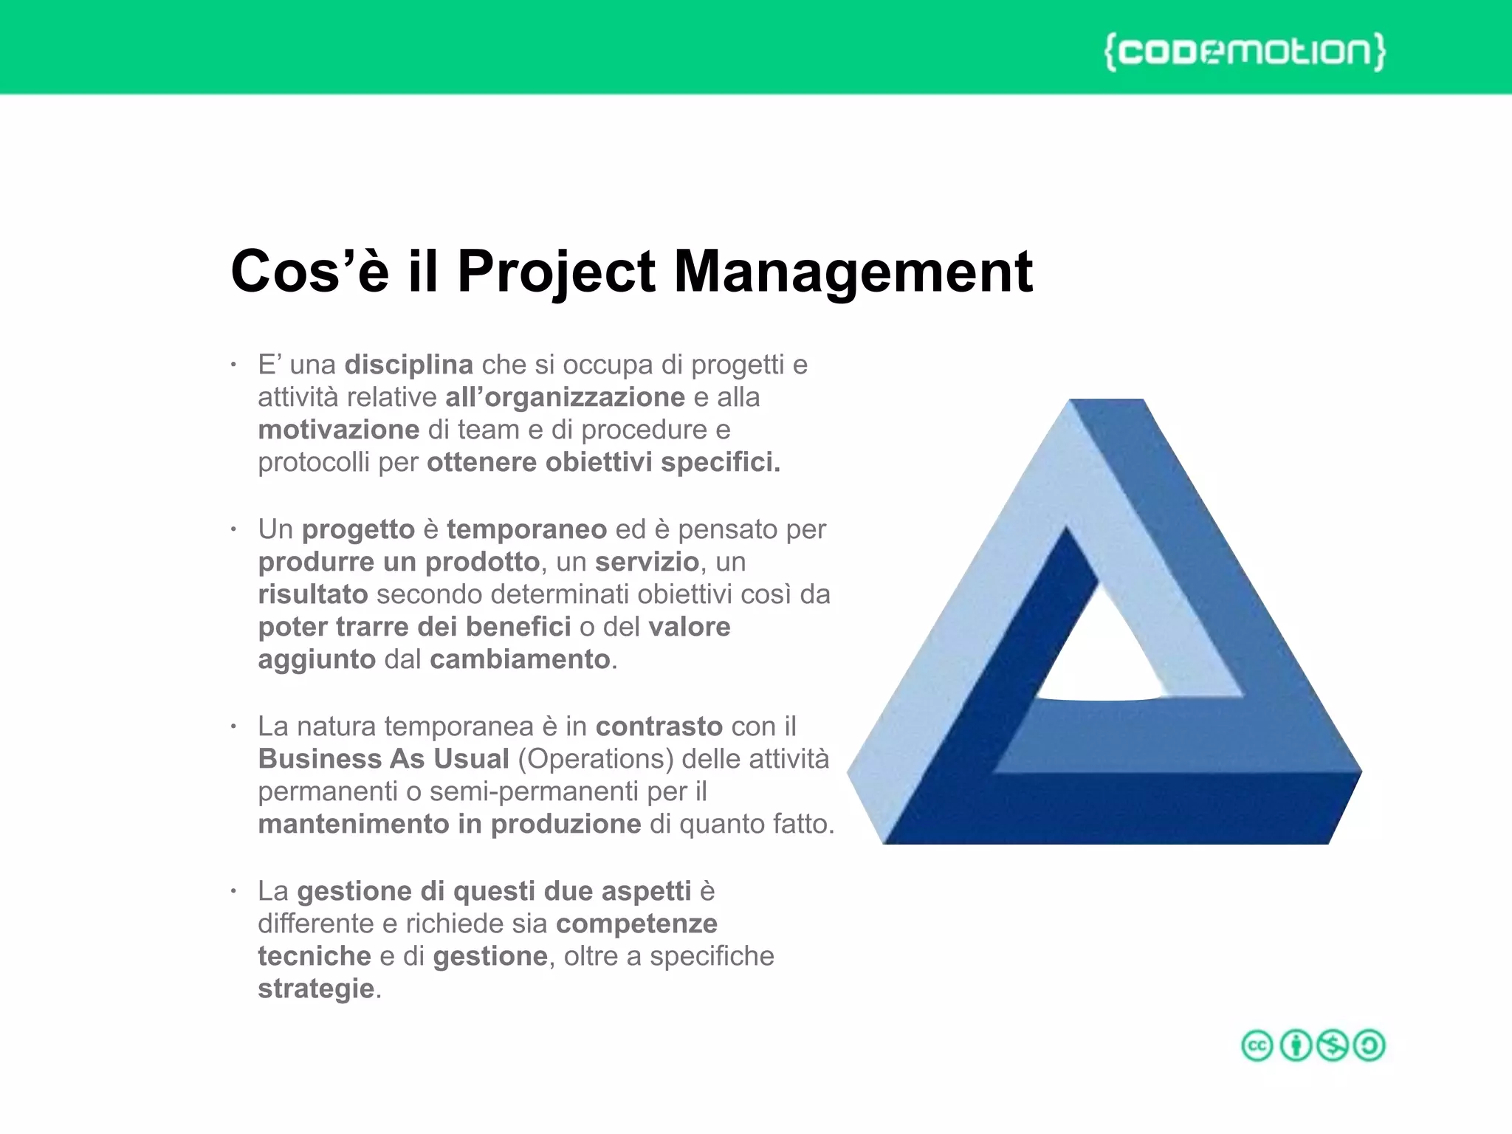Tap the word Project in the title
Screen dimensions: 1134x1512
(x=555, y=272)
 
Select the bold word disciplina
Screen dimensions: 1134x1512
(x=409, y=365)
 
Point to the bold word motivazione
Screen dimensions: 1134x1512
(x=339, y=430)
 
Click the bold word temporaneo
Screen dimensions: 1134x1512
(x=526, y=529)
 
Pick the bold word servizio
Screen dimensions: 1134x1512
(x=647, y=562)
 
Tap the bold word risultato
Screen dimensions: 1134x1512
(x=313, y=594)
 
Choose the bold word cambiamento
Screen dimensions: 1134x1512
(x=520, y=659)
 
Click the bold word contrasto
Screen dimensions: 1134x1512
(x=659, y=726)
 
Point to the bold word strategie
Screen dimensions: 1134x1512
(x=316, y=989)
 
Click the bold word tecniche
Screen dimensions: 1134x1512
(x=315, y=956)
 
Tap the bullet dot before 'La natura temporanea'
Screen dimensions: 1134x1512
(x=233, y=727)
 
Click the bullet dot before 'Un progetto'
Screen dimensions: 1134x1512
(x=233, y=530)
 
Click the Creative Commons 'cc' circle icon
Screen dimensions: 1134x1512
(x=1257, y=1045)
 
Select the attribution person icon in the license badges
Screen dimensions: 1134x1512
(x=1296, y=1045)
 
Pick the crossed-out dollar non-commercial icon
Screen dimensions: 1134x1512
(x=1333, y=1045)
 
